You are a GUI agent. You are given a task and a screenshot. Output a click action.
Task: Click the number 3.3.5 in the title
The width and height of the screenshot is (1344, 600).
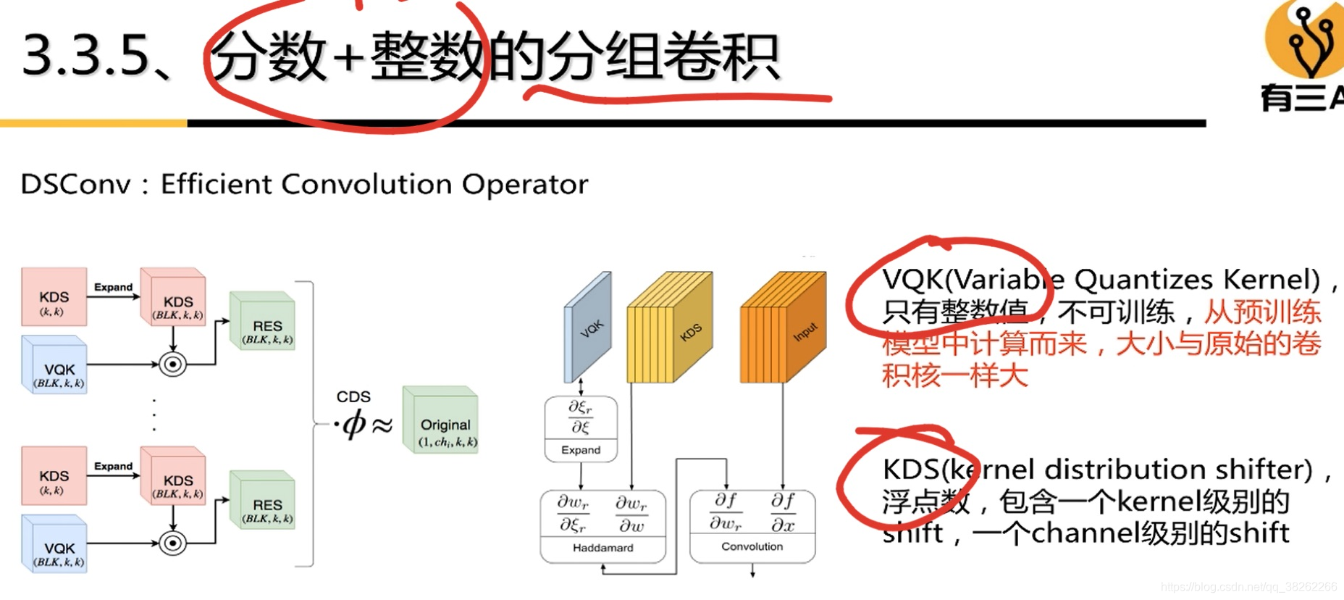85,55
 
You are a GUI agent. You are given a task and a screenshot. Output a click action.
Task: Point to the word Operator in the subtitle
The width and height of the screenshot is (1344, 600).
525,185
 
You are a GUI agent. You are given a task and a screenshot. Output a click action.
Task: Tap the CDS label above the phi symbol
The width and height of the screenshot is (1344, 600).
353,397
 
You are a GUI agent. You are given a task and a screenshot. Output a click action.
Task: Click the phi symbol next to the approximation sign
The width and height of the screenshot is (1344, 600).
354,424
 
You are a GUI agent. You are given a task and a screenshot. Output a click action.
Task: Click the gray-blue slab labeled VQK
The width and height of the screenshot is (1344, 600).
588,326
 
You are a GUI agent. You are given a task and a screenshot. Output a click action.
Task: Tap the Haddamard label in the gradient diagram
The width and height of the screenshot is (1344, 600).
602,548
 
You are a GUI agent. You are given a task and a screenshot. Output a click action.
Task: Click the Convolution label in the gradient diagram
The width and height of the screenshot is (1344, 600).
752,546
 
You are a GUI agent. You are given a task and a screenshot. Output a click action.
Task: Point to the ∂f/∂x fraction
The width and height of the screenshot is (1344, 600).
783,512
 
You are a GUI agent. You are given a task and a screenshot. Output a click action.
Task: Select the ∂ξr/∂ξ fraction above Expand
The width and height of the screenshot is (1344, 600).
580,417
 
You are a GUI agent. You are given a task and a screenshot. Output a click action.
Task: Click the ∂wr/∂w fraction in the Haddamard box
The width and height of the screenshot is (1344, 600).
631,514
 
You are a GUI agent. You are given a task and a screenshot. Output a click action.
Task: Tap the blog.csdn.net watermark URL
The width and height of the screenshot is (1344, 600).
1248,587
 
